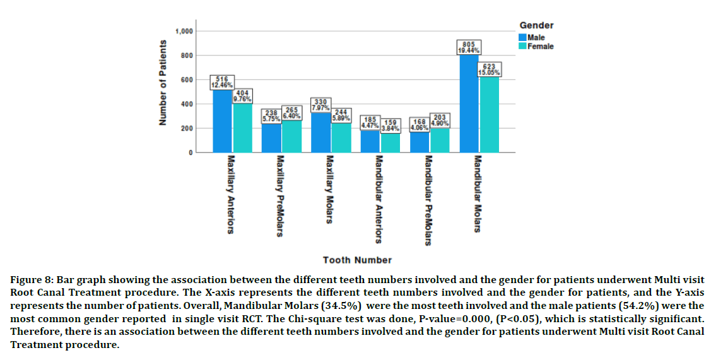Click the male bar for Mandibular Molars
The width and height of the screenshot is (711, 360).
(469, 104)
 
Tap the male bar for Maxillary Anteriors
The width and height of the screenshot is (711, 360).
(222, 121)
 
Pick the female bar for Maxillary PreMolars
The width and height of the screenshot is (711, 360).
(291, 137)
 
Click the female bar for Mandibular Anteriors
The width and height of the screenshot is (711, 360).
(391, 143)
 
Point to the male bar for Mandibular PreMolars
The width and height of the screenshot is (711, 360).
(420, 142)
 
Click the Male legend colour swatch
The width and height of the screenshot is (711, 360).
(523, 38)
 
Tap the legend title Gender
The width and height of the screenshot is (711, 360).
(536, 25)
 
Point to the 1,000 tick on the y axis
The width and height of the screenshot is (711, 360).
(185, 32)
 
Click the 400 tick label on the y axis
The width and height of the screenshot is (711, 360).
(187, 104)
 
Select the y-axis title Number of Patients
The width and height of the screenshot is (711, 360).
(163, 83)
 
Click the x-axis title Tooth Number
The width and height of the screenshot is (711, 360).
(357, 260)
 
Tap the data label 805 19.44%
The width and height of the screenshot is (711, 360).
(469, 47)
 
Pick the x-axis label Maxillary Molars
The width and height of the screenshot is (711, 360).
(329, 189)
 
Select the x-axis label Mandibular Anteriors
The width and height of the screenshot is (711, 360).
(378, 199)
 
